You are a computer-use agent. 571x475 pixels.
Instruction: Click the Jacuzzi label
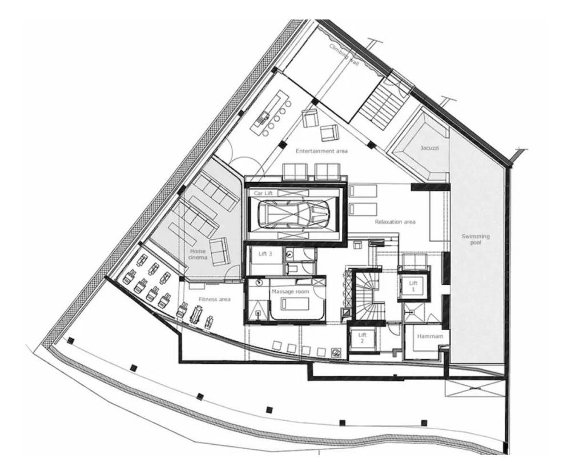pyautogui.click(x=429, y=148)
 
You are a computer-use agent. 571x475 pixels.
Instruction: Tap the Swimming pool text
pyautogui.click(x=476, y=239)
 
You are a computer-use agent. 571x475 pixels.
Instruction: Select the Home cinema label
pyautogui.click(x=198, y=254)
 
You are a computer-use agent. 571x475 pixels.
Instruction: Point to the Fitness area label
pyautogui.click(x=215, y=299)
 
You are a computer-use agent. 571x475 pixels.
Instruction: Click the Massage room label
pyautogui.click(x=290, y=291)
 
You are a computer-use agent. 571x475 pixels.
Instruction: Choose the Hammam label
pyautogui.click(x=430, y=336)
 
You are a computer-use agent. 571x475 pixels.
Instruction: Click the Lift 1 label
pyautogui.click(x=413, y=286)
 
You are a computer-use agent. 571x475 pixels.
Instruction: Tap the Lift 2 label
pyautogui.click(x=362, y=338)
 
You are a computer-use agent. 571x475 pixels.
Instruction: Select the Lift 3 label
pyautogui.click(x=265, y=253)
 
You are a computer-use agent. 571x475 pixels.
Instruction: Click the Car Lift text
pyautogui.click(x=263, y=193)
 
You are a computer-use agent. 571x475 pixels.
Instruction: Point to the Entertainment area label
pyautogui.click(x=321, y=151)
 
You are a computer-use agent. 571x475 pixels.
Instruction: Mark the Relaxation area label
pyautogui.click(x=395, y=222)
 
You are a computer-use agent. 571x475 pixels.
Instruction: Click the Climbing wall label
pyautogui.click(x=344, y=54)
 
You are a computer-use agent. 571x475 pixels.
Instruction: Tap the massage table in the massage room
pyautogui.click(x=295, y=303)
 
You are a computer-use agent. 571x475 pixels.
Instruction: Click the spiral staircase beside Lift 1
pyautogui.click(x=365, y=295)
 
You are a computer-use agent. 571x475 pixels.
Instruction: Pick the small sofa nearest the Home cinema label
pyautogui.click(x=220, y=251)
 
